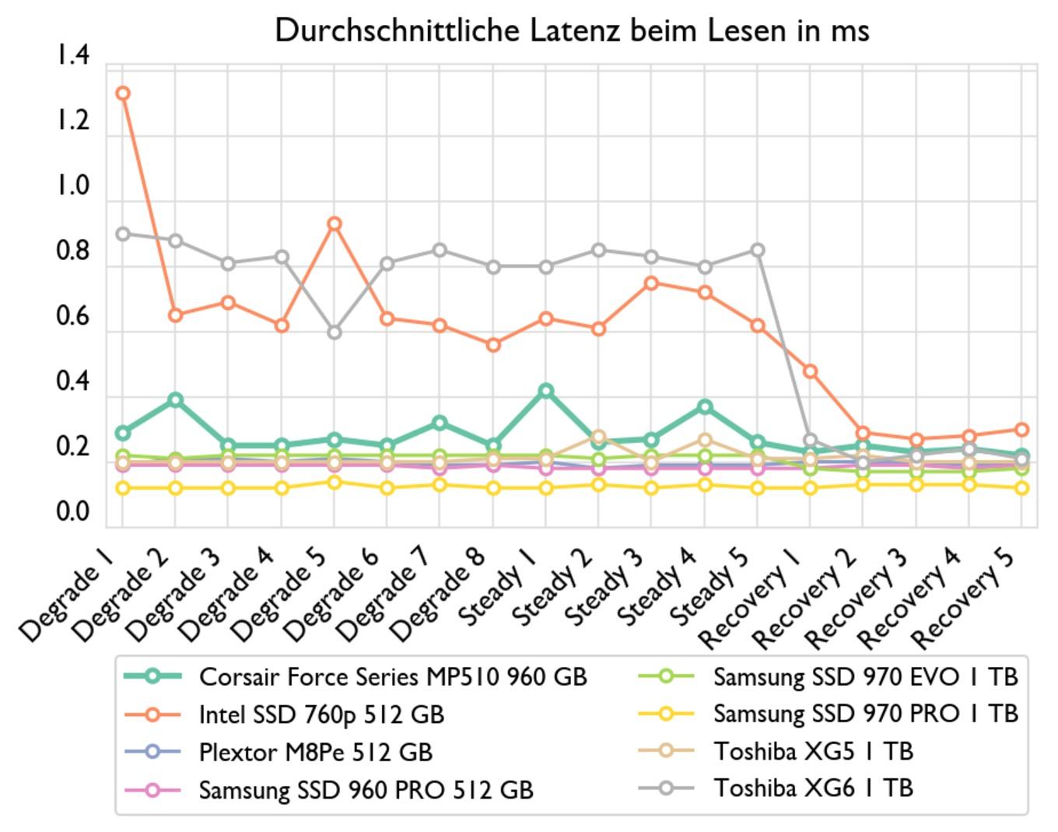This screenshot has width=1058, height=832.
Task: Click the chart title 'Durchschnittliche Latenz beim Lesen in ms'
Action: (572, 31)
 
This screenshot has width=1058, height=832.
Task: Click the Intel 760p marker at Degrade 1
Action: (122, 93)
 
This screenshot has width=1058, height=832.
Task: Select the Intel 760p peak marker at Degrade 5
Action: (334, 224)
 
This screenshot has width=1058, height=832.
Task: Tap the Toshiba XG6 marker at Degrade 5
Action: (334, 332)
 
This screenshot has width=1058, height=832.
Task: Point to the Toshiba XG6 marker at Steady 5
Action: (757, 251)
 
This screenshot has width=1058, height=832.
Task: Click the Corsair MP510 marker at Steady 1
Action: (545, 391)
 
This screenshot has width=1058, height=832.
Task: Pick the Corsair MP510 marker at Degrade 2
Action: (175, 400)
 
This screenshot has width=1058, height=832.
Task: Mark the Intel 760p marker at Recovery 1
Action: (810, 371)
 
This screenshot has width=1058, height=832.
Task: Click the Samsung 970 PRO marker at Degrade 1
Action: (122, 488)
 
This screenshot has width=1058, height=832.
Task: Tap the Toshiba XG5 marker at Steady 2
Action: (598, 437)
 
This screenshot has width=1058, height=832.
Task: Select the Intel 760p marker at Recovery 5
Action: (1021, 430)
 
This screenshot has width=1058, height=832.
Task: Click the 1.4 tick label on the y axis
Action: (72, 55)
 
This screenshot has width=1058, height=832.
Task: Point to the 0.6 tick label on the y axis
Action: (72, 317)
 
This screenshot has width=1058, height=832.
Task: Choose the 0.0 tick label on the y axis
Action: (72, 512)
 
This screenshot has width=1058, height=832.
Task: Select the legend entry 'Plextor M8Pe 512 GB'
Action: (315, 752)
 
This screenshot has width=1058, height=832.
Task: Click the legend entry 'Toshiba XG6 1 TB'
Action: (813, 788)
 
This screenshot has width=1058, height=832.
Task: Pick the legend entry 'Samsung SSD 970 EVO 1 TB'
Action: (865, 676)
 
